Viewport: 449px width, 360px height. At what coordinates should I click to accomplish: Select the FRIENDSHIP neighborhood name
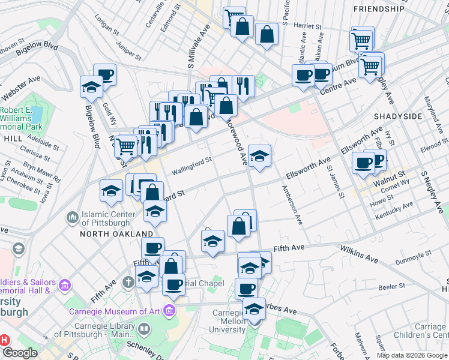[379, 9]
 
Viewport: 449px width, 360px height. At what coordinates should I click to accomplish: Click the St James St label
[335, 183]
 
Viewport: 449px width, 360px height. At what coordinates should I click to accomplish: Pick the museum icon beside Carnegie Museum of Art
[171, 311]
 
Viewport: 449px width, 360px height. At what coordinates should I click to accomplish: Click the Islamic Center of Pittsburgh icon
[72, 216]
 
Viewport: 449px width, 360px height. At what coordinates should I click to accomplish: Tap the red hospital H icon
[4, 340]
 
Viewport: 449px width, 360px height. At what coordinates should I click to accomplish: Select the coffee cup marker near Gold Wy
[105, 74]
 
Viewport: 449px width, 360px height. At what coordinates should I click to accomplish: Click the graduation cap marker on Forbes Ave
[254, 309]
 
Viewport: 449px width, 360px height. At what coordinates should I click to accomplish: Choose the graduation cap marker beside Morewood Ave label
[259, 156]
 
